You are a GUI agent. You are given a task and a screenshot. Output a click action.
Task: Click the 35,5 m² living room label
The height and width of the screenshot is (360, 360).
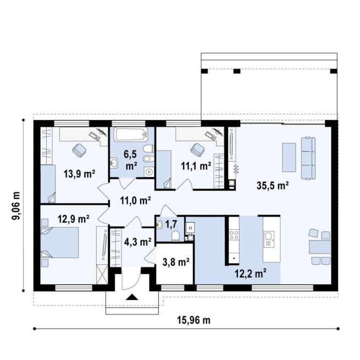tap(273, 186)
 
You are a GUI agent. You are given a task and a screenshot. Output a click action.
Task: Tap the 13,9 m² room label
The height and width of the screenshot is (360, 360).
tap(80, 174)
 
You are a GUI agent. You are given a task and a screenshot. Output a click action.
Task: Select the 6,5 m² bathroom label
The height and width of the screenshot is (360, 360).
tap(131, 160)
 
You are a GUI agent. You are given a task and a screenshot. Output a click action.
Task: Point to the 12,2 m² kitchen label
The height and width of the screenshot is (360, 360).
tap(251, 273)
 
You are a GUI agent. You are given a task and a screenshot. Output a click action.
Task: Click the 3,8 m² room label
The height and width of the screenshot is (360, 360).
tap(176, 262)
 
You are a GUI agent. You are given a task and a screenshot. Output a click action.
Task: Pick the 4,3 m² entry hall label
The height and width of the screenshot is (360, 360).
tap(137, 242)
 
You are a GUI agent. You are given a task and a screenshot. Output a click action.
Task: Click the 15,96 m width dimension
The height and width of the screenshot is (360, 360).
tap(193, 320)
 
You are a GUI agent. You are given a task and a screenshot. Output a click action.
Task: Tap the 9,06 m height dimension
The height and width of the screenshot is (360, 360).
tap(16, 205)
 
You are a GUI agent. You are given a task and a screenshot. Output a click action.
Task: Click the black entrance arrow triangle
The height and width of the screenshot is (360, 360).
tap(132, 297)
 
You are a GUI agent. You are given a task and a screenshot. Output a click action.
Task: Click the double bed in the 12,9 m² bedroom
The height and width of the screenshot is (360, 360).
tap(60, 242)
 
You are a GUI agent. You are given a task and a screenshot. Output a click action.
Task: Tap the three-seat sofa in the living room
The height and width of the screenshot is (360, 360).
tap(308, 158)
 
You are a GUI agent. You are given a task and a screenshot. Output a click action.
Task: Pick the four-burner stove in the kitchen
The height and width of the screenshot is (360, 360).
tap(234, 235)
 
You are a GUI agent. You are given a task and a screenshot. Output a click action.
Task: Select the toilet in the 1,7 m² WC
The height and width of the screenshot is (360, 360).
tap(176, 236)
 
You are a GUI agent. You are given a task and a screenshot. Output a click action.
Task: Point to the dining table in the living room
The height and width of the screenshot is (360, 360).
tap(320, 247)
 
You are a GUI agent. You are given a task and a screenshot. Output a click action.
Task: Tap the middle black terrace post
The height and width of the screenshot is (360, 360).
tap(237, 71)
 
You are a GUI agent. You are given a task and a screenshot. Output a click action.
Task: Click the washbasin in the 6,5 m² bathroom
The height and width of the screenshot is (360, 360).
tap(114, 163)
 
